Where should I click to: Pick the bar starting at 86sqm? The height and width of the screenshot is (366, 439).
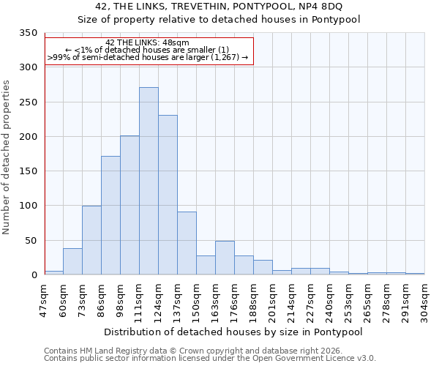click(110, 215)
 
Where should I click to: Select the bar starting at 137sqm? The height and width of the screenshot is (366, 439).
click(187, 243)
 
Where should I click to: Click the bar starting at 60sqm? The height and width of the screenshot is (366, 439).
click(72, 261)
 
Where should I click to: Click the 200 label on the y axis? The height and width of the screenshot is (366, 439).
click(29, 137)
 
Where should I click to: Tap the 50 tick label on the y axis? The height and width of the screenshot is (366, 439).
click(31, 241)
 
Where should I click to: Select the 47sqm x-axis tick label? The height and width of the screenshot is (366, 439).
click(45, 297)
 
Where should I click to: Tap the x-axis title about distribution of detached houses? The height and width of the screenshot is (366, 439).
click(234, 332)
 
